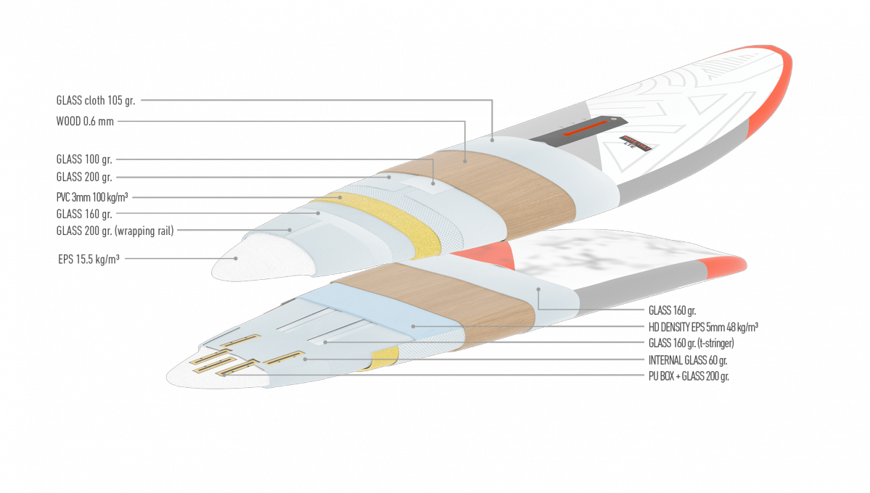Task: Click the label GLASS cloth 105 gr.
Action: tap(96, 100)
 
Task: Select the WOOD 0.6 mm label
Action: tap(85, 122)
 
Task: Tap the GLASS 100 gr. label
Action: tap(83, 159)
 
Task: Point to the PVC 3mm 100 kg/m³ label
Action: tap(92, 197)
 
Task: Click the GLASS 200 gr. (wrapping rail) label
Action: tap(115, 231)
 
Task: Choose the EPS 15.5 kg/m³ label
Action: tap(89, 259)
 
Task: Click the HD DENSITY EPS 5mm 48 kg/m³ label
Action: tap(703, 327)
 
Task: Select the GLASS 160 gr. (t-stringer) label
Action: tap(691, 343)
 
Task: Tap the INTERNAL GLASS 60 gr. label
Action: tap(687, 360)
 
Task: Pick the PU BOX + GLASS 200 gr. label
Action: tap(689, 376)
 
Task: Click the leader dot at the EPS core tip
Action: tap(236, 258)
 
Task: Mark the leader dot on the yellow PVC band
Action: tap(340, 197)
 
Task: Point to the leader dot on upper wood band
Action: tap(465, 162)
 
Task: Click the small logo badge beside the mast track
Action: tap(635, 143)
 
